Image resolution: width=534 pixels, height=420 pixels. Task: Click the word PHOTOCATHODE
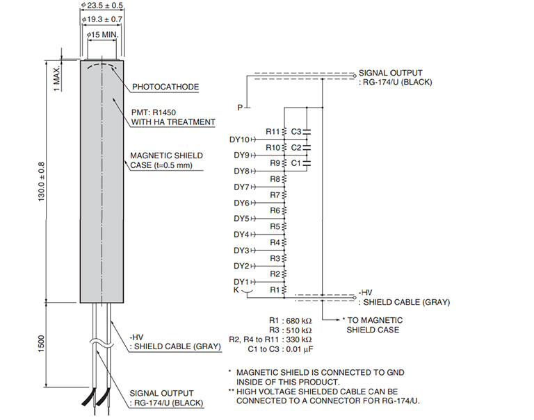tap(165, 87)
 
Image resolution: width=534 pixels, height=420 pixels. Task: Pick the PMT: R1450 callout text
tap(163, 111)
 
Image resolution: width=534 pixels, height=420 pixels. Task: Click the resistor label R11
tap(273, 131)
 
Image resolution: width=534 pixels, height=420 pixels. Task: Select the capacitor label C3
tap(296, 131)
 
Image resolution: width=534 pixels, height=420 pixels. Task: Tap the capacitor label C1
tap(296, 162)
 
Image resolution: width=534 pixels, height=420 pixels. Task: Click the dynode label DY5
tap(241, 219)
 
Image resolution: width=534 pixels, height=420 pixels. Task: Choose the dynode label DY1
tap(241, 282)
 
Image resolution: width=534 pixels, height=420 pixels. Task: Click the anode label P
tap(239, 108)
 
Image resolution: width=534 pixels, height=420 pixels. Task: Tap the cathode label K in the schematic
tap(237, 290)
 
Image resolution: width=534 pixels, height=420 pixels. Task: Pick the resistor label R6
tap(275, 210)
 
